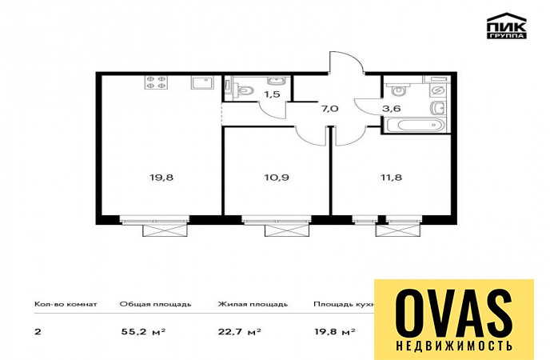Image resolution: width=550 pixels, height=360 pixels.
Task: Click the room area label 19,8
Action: tap(161, 177)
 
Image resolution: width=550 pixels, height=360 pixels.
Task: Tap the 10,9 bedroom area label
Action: tap(277, 177)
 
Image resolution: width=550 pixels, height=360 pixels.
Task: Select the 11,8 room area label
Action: tap(391, 177)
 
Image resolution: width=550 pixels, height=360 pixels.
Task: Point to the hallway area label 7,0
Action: tap(329, 109)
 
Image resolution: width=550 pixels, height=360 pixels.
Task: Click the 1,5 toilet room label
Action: tap(272, 94)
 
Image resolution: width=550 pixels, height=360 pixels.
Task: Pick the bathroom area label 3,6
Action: tap(392, 109)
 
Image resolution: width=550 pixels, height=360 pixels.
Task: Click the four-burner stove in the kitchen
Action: tap(155, 82)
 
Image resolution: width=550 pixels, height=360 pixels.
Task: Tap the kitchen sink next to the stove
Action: tap(202, 82)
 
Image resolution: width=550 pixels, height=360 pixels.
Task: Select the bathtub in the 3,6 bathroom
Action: tap(415, 125)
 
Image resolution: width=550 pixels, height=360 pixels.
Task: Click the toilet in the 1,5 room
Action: tap(245, 90)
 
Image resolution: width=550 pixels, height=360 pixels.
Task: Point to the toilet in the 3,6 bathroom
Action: tap(398, 90)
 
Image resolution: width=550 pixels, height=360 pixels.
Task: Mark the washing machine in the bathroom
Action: tap(438, 91)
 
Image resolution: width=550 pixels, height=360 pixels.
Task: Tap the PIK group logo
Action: tap(506, 26)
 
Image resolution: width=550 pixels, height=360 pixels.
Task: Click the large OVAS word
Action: tap(454, 314)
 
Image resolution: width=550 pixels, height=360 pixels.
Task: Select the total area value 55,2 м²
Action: tap(143, 331)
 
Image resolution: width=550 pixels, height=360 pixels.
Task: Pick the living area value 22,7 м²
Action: tap(240, 331)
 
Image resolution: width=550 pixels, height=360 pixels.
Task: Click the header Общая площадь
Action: tap(155, 304)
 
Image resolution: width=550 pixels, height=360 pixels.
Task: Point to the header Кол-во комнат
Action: tap(66, 304)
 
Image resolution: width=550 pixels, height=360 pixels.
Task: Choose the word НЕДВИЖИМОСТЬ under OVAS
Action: tap(454, 346)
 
